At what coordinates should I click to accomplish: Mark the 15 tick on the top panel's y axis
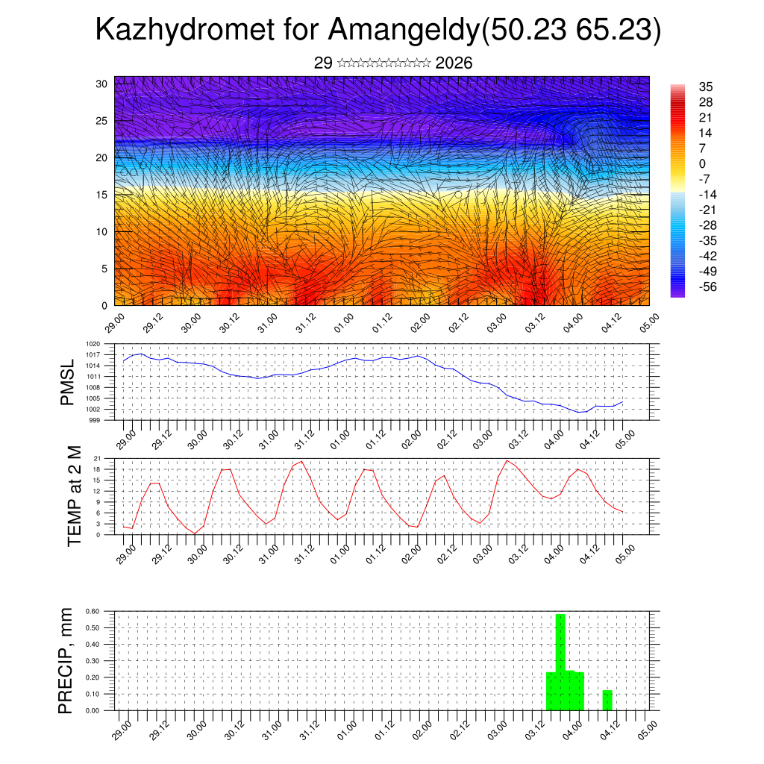[101, 195]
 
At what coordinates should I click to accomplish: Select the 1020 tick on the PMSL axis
[93, 345]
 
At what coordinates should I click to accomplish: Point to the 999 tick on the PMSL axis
[94, 420]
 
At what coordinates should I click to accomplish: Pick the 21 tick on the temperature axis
[97, 458]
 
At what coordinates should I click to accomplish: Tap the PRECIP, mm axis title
[67, 661]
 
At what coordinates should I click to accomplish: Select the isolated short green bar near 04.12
[607, 701]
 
